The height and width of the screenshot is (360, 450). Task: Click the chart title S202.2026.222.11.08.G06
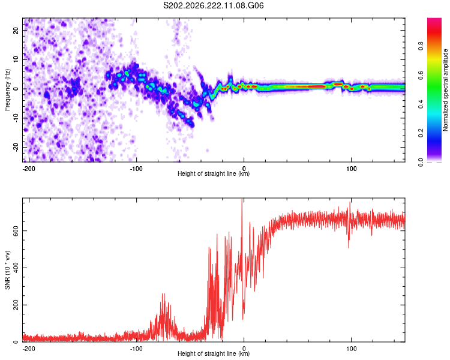[x=213, y=5]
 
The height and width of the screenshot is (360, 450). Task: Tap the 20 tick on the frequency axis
[x=16, y=30]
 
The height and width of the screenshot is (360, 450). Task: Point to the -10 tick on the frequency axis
[x=16, y=118]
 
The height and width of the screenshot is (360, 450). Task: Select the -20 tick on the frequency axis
[x=16, y=147]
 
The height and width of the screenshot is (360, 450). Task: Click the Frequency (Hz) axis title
[x=7, y=90]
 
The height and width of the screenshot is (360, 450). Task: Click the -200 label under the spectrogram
[x=28, y=169]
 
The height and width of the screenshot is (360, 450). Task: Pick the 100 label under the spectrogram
[x=351, y=169]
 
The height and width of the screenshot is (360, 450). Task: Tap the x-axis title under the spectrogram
[x=214, y=173]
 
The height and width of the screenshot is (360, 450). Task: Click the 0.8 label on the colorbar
[x=421, y=46]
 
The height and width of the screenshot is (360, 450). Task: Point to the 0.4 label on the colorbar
[x=421, y=104]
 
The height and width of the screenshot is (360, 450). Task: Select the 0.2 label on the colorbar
[x=421, y=133]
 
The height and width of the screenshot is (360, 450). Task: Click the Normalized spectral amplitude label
[x=445, y=90]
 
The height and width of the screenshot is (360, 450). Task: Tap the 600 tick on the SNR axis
[x=16, y=231]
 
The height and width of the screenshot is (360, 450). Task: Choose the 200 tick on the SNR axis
[x=16, y=305]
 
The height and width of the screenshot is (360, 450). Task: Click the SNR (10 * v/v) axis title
[x=7, y=270]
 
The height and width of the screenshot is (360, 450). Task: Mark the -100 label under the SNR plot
[x=136, y=349]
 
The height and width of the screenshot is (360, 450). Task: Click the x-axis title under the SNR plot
[x=214, y=353]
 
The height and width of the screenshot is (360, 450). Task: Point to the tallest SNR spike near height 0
[x=242, y=199]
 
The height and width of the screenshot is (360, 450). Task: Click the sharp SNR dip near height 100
[x=349, y=247]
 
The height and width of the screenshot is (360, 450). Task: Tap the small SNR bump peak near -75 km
[x=163, y=294]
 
